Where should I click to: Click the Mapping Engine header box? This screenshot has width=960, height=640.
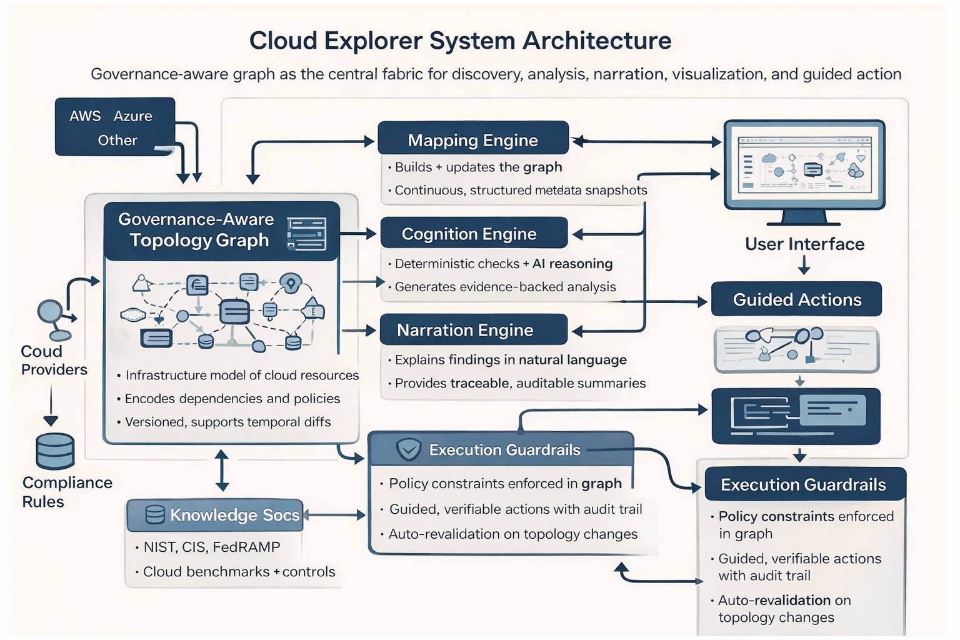coord(473,139)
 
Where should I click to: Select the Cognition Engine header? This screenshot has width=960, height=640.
coord(474,233)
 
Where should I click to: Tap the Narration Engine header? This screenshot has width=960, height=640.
coord(473,329)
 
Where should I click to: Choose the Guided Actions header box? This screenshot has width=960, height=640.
coord(796,299)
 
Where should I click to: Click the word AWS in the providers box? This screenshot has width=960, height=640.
coord(85,116)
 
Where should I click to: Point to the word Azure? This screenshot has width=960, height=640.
coord(132,116)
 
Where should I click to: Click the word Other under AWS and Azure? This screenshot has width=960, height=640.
coord(117,140)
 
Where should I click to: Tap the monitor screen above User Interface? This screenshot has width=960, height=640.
coord(804,164)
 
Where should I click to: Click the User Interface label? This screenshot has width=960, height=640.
coord(804,244)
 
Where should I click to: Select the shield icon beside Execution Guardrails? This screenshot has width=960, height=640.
coord(409,449)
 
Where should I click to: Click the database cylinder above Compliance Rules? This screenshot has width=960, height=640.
coord(55,451)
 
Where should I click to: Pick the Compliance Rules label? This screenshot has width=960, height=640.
coord(66,492)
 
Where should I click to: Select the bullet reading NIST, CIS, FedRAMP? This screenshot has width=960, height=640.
coord(211,547)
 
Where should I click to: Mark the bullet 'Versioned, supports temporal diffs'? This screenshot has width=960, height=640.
coord(227,422)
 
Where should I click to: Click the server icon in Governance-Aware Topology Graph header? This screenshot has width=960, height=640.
coord(306,234)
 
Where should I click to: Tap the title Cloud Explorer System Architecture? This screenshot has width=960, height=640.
coord(460,41)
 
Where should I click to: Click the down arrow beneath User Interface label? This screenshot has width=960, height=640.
coord(804,267)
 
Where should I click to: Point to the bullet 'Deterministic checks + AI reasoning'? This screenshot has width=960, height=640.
coord(503,264)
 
